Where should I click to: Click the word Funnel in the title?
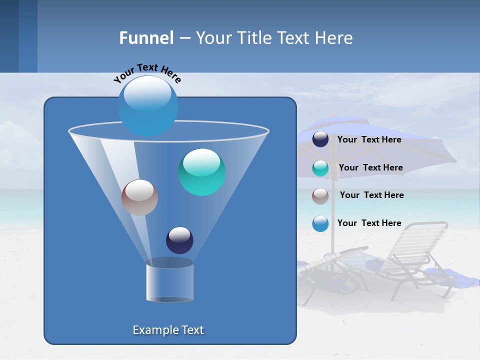146,38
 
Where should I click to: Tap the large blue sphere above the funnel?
147,105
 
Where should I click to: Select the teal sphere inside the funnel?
201,172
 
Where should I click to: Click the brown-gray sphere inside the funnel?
139,197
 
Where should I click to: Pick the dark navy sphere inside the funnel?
179,240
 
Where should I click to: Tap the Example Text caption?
168,330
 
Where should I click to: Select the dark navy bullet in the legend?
320,139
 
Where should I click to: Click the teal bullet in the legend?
320,168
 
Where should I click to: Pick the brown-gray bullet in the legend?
320,195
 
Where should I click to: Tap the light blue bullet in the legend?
320,223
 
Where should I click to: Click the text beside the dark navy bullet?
369,140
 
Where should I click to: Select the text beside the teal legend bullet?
370,168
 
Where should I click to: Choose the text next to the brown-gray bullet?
371,195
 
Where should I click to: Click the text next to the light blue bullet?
369,223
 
